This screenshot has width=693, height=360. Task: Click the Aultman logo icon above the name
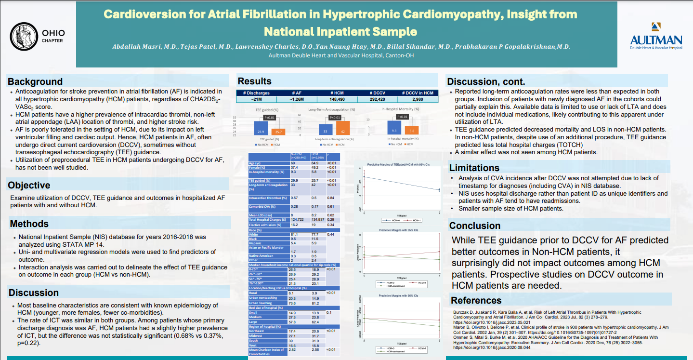pyautogui.click(x=656, y=27)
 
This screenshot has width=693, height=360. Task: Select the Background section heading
pyautogui.click(x=35, y=81)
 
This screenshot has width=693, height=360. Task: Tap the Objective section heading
pyautogui.click(x=29, y=185)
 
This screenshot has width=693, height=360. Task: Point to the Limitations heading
pyautogui.click(x=474, y=168)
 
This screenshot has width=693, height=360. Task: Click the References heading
pyautogui.click(x=476, y=301)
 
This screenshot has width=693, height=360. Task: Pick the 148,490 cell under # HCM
pyautogui.click(x=337, y=99)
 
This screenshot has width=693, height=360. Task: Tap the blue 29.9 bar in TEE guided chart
pyautogui.click(x=261, y=128)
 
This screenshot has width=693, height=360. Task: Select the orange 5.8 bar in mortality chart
pyautogui.click(x=410, y=130)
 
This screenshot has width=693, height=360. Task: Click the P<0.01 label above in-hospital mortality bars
pyautogui.click(x=402, y=117)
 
